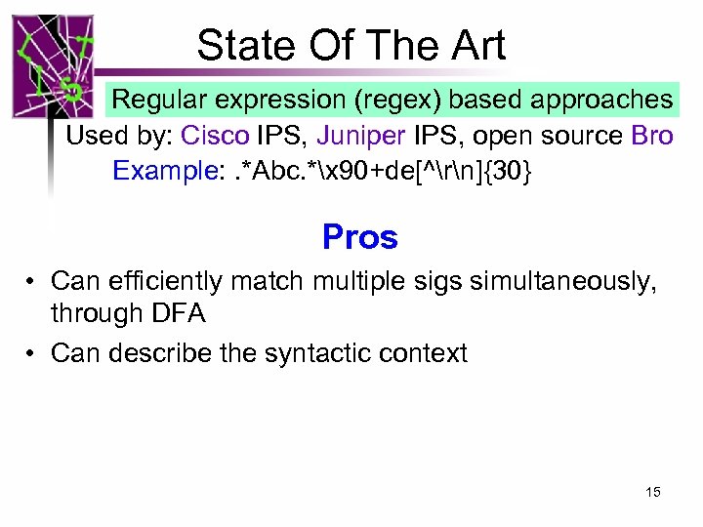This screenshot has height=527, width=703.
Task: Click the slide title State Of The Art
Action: pos(351,45)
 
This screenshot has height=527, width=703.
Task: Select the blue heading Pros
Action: pos(360,237)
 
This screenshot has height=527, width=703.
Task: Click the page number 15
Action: pos(652,492)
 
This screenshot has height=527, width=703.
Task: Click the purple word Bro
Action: pos(652,136)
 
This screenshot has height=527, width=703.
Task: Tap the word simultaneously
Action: pos(572,282)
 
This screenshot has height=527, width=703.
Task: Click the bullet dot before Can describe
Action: pos(31,352)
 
